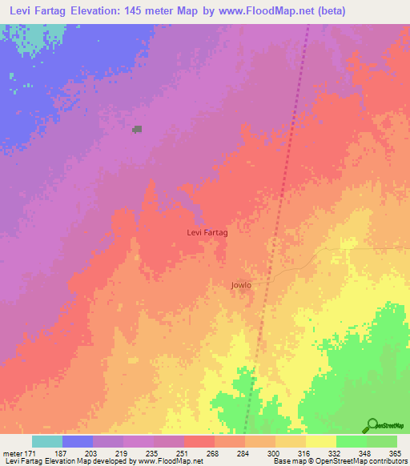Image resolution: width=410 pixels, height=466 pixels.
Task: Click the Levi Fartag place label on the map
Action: (207, 232)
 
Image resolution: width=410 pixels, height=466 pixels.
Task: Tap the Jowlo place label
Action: (241, 285)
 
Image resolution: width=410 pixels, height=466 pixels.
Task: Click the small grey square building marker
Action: (138, 128)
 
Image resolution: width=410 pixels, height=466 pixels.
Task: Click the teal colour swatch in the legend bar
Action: (47, 441)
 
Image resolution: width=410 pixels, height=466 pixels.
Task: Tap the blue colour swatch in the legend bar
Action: (78, 441)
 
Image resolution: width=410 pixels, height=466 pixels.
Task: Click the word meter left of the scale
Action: (14, 454)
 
